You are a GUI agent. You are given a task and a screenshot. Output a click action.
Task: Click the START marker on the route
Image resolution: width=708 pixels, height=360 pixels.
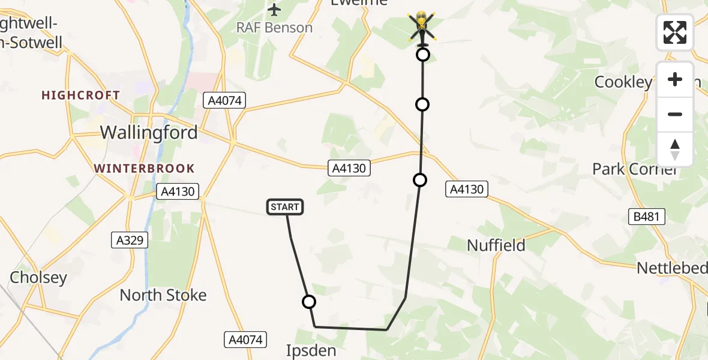click(x=284, y=208)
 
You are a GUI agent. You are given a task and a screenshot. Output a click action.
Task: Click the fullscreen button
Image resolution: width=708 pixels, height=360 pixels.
click(x=675, y=32)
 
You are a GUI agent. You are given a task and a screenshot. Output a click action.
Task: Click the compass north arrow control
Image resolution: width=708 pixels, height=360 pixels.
click(x=675, y=149)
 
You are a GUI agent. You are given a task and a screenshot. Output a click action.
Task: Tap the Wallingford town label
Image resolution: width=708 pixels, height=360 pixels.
click(x=149, y=133)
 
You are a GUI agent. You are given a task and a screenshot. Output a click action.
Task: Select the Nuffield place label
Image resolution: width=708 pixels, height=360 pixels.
click(x=496, y=245)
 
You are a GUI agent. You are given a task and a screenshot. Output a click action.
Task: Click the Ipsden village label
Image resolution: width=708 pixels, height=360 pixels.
click(x=311, y=350)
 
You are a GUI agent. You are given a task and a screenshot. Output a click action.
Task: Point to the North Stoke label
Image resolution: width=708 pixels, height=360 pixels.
click(x=163, y=295)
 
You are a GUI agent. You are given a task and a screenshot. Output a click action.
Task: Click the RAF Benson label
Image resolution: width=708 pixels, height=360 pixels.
click(x=275, y=28)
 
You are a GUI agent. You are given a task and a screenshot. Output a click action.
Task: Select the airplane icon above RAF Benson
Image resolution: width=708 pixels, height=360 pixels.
click(x=275, y=10)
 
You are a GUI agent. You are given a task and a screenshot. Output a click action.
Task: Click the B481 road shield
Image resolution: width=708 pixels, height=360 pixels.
click(x=647, y=217)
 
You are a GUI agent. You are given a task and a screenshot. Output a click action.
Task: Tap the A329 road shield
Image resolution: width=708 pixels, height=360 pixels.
click(x=130, y=240)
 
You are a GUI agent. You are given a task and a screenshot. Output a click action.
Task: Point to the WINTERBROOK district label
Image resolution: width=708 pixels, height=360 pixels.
click(x=145, y=169)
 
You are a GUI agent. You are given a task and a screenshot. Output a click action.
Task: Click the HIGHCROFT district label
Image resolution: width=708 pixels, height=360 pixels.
click(x=81, y=95)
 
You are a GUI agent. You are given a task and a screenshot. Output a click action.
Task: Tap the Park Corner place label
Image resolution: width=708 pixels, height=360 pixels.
click(x=635, y=169)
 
